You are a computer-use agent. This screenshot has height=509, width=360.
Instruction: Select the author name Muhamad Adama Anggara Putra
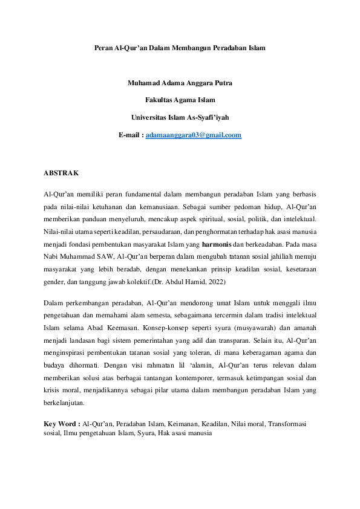tap(180, 83)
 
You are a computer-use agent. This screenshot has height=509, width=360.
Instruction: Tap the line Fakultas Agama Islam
tap(180, 100)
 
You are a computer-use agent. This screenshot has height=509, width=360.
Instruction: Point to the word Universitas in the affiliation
tap(149, 118)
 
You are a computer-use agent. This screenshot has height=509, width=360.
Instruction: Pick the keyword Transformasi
tap(291, 424)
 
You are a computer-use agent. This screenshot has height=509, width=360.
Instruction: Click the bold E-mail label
tap(131, 135)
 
